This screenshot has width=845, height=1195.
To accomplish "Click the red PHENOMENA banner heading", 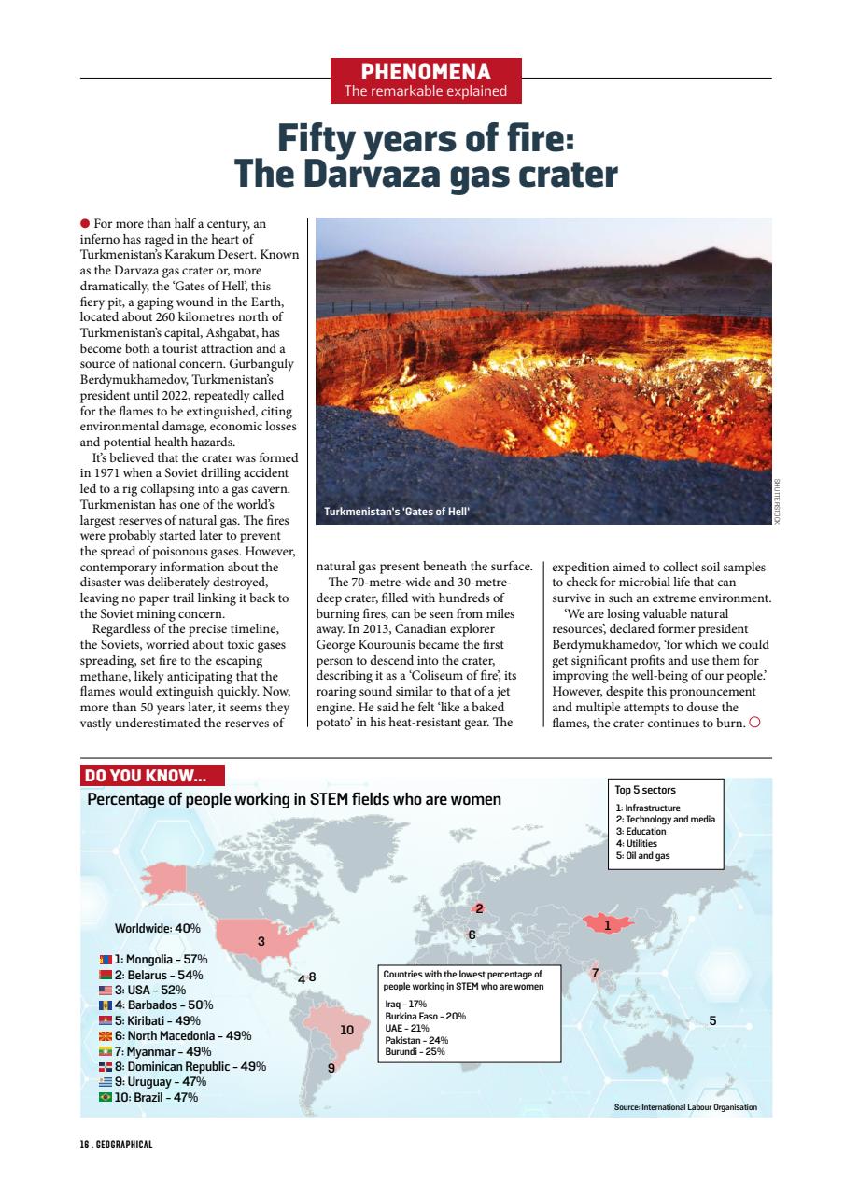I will [426, 72].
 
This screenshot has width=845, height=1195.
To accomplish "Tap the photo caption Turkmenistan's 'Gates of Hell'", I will [396, 513].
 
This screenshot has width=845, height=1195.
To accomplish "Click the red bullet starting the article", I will [85, 224].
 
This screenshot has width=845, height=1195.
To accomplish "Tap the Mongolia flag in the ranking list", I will [106, 960].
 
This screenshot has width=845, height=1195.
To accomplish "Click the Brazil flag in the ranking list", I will [106, 1098].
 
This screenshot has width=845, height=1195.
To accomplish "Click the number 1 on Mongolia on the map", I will [607, 925].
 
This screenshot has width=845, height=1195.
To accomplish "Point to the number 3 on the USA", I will [261, 941].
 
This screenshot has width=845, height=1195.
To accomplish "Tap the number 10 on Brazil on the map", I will [346, 1031].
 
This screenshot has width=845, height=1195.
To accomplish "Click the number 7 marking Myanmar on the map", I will [595, 974].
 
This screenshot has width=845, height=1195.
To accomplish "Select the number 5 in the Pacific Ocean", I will [712, 1021].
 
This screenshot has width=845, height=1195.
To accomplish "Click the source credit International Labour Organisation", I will [685, 1107].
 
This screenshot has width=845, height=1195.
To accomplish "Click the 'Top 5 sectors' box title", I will [645, 790].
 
